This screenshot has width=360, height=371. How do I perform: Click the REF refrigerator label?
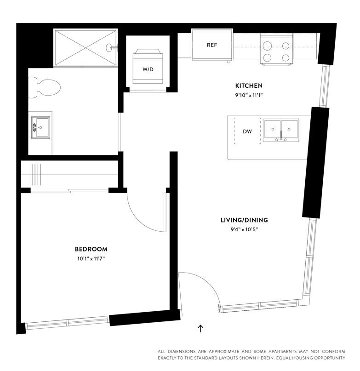[211, 45]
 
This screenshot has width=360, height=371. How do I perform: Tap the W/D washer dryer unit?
[148, 69]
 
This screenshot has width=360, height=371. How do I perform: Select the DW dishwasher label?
[247, 131]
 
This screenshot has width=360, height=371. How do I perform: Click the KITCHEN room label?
[249, 86]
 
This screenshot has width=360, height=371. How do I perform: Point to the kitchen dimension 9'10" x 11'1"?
[249, 95]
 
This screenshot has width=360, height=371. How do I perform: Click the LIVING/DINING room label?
[244, 220]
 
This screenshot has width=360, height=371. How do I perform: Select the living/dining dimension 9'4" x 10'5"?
[244, 229]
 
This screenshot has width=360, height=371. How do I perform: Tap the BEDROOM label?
[91, 249]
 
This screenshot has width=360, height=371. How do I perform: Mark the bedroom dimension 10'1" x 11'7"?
[91, 259]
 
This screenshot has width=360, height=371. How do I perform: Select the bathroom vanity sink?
[41, 127]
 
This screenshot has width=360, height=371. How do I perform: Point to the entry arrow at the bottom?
[200, 328]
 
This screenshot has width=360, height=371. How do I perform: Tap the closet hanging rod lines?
[37, 174]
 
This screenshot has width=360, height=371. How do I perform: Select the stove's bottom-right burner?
[286, 57]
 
